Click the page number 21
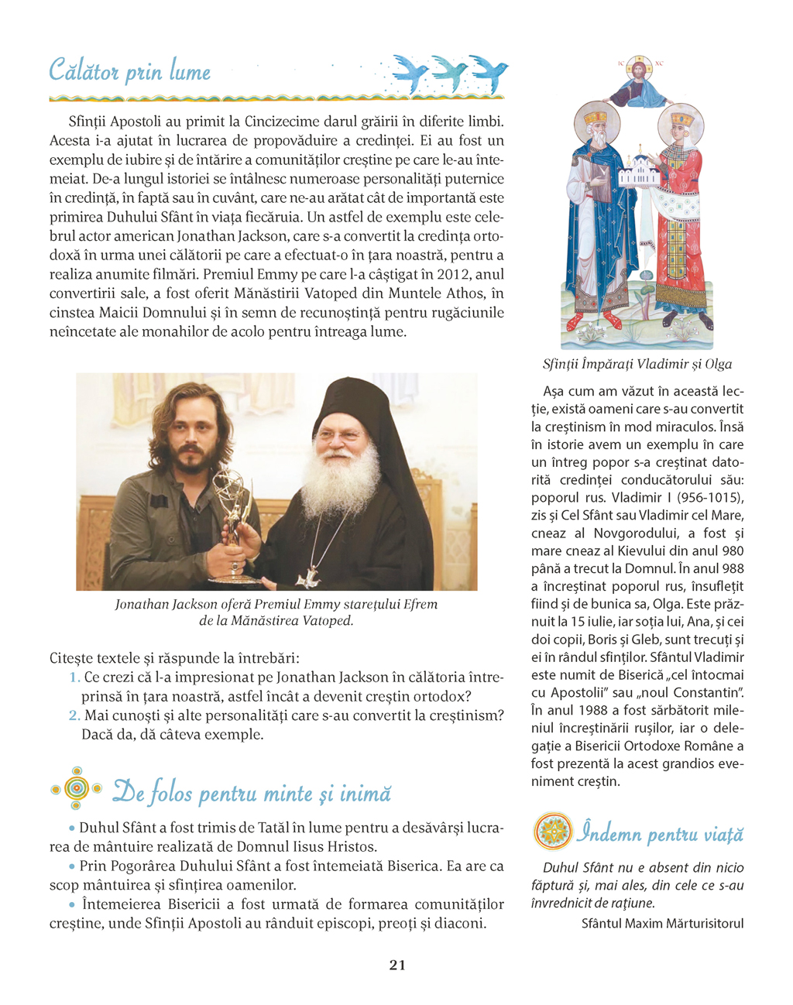(x=397, y=965)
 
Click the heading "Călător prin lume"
(x=129, y=71)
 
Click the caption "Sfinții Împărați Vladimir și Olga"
(x=637, y=364)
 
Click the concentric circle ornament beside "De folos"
(x=75, y=788)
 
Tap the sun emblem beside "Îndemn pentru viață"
(x=553, y=832)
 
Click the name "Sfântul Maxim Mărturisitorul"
(x=662, y=923)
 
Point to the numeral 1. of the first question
(x=75, y=677)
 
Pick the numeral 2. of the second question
(x=74, y=715)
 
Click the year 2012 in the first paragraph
(x=453, y=274)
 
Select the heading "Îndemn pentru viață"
(x=660, y=834)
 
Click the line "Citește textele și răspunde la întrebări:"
(x=174, y=658)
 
